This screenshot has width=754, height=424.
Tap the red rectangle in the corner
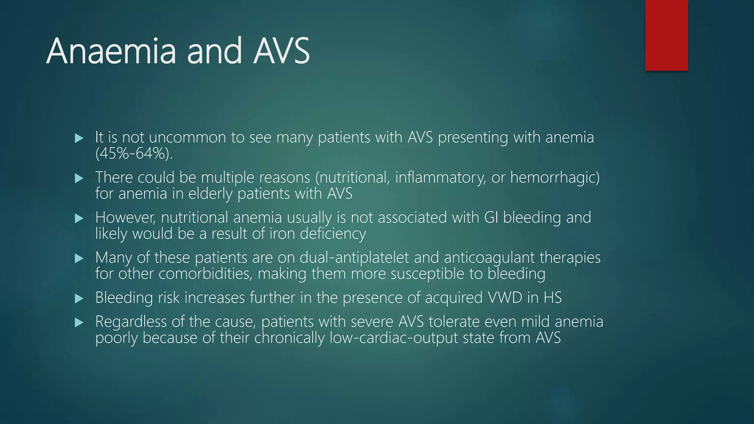(666, 35)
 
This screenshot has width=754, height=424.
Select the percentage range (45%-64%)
(134, 153)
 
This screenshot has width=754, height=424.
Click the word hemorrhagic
(554, 177)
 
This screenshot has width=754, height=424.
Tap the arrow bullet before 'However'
(79, 219)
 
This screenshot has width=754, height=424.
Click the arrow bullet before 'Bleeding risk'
(79, 298)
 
